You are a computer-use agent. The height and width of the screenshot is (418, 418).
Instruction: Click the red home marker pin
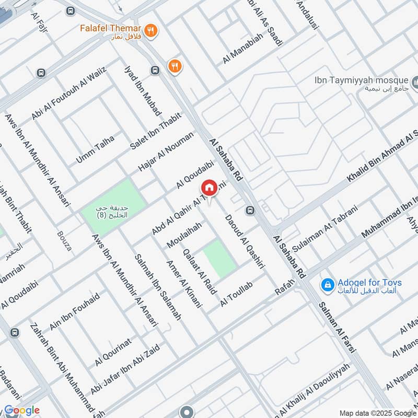(209, 188)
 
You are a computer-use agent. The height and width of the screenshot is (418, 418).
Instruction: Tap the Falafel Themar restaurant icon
(151, 30)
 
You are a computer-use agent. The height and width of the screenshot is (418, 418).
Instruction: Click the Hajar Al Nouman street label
(166, 152)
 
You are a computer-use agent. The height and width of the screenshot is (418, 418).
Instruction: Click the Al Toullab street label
(236, 294)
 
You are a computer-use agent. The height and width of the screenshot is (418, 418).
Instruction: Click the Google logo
(21, 410)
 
